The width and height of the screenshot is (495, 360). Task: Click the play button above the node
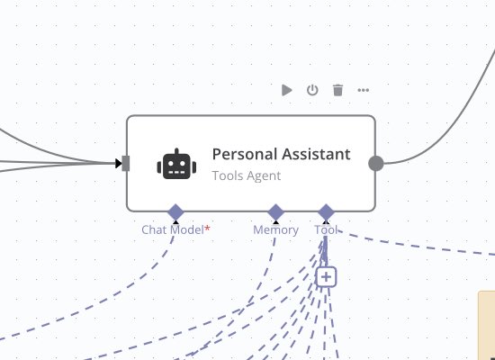(286, 90)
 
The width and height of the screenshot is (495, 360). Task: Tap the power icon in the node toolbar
(312, 90)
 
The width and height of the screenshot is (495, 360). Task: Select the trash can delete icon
(337, 90)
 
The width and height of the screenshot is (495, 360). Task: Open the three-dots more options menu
(364, 90)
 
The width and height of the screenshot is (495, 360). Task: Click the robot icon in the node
(176, 164)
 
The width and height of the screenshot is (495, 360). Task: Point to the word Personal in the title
(245, 154)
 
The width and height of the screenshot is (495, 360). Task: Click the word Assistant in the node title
(316, 154)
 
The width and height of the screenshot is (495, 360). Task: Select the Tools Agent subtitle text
(247, 175)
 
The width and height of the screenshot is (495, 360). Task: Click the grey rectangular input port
(126, 164)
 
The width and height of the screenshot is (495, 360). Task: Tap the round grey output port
(376, 164)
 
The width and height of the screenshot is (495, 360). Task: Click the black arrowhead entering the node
(119, 164)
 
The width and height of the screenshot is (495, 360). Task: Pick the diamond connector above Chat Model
(175, 211)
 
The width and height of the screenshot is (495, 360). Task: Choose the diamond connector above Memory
(276, 211)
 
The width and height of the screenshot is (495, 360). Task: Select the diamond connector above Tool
(326, 211)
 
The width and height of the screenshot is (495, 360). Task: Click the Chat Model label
(173, 229)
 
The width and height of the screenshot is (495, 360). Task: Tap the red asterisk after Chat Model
(207, 228)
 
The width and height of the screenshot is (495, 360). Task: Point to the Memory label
(275, 230)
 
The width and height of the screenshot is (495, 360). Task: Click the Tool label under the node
(326, 229)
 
